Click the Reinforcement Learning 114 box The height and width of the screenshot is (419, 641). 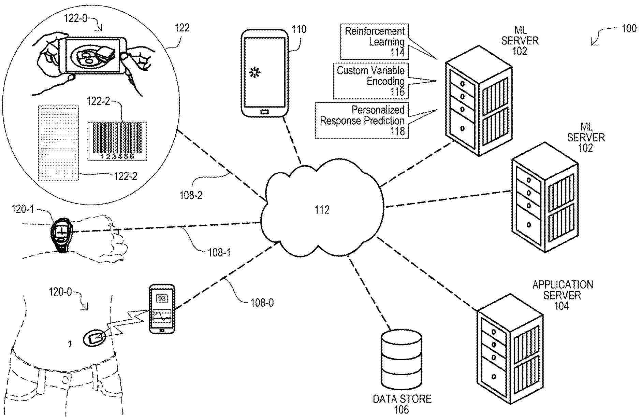pos(374,42)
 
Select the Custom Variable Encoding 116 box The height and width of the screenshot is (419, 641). pos(370,81)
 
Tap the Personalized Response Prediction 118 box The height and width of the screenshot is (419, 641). pos(362,120)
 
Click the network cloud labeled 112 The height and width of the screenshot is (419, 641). pos(322,209)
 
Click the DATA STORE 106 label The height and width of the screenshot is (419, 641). pos(402,404)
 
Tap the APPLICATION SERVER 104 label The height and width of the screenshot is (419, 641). pos(562,295)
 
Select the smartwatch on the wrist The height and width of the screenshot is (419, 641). pos(62,233)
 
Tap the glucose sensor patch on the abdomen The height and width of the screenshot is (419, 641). pos(94,338)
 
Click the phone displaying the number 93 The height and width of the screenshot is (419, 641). pos(162,309)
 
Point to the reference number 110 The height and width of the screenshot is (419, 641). pos(299,29)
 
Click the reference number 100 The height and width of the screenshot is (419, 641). pos(629,28)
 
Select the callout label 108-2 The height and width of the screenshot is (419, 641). pos(191,195)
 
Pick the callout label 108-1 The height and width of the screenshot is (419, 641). pos(219,252)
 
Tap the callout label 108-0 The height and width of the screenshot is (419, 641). pos(262,303)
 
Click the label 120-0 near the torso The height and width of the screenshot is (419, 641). pos(60,292)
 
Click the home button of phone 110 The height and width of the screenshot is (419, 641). pos(264,111)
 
